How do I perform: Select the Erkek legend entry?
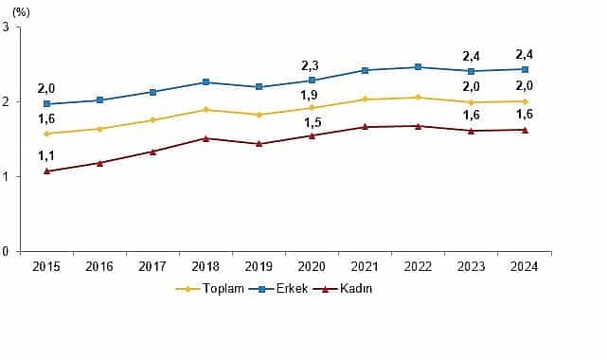[x=283, y=288]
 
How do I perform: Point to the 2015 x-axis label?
[x=47, y=266]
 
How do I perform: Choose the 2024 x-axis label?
[x=526, y=266]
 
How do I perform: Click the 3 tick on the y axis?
[x=7, y=27]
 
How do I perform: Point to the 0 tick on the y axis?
[x=7, y=252]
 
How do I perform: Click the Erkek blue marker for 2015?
[x=47, y=104]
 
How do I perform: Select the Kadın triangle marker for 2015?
[x=47, y=171]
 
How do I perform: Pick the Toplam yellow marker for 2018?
[x=206, y=110]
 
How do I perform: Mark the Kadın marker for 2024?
[x=526, y=130]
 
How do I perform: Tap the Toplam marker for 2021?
[x=366, y=99]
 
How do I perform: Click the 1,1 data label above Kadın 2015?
[x=47, y=156]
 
